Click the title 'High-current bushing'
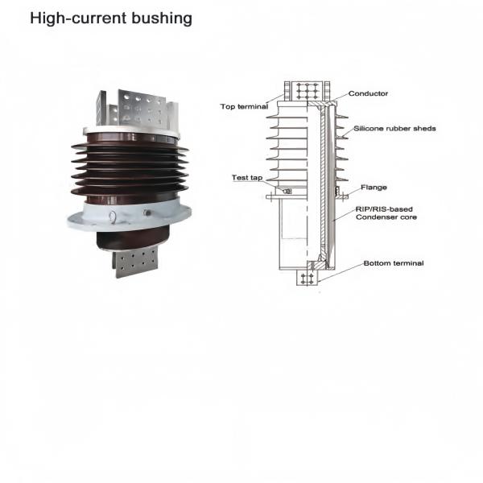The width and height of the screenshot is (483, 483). pos(111,18)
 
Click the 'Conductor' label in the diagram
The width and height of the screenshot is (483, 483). pos(368,93)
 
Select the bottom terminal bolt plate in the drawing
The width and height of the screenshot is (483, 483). pos(306,278)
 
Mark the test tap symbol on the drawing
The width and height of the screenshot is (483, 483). pos(288,192)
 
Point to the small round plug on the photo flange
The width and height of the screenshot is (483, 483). pos(147,213)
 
